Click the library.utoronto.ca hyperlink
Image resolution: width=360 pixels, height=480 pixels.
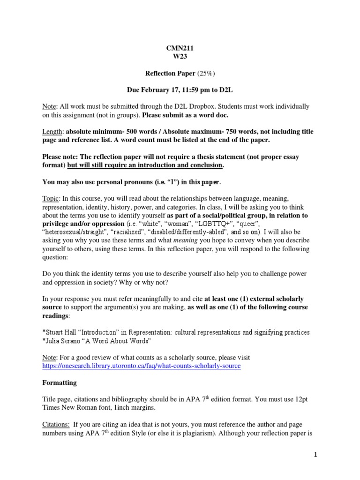point(141,366)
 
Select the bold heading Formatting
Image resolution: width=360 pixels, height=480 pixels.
point(60,383)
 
